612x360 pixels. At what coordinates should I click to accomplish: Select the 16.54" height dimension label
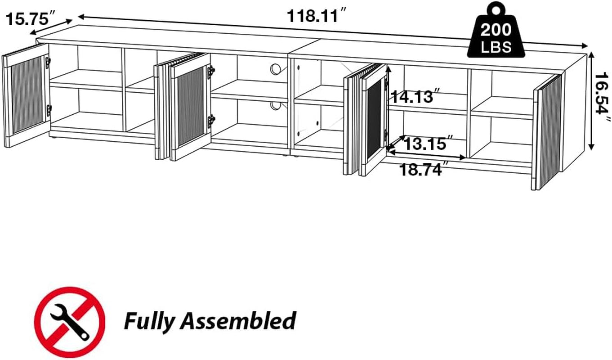click(x=602, y=100)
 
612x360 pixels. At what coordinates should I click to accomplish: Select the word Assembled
click(x=238, y=321)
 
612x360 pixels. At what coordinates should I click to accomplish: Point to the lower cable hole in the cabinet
click(x=276, y=106)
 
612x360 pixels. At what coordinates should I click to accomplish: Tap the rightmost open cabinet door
click(x=548, y=130)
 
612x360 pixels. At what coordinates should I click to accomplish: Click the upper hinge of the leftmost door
click(x=48, y=63)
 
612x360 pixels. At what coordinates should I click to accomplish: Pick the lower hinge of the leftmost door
click(x=49, y=109)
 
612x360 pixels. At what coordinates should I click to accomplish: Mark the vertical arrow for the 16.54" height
click(x=592, y=100)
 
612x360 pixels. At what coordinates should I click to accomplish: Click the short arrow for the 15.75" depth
click(x=51, y=27)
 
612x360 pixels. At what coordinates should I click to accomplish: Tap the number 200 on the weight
click(x=496, y=30)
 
